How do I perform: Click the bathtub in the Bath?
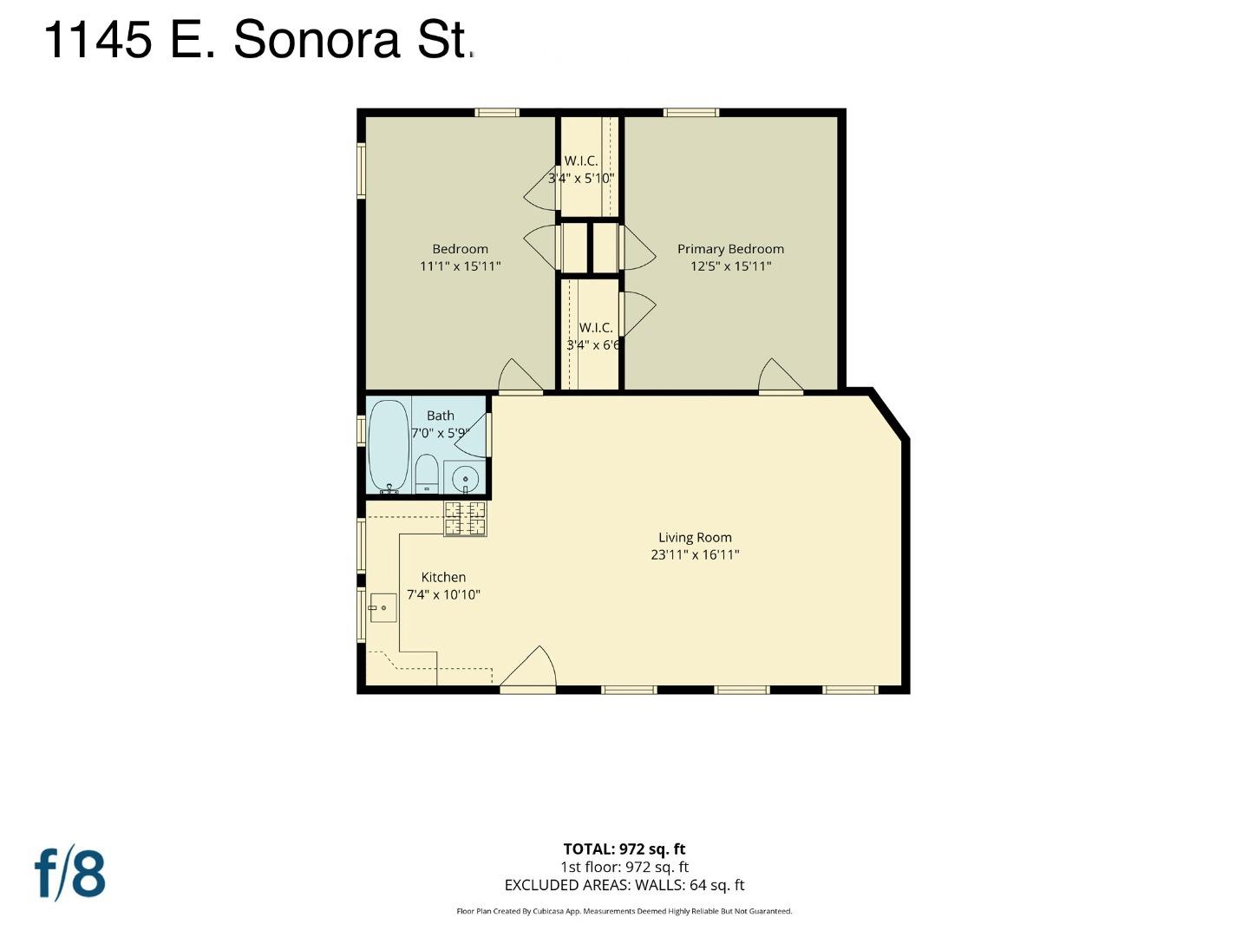pos(389,447)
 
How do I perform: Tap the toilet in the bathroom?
pos(426,474)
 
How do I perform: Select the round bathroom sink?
pos(465,478)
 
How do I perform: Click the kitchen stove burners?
pos(465,518)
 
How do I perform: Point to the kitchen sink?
pos(383,607)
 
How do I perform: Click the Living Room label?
pos(695,538)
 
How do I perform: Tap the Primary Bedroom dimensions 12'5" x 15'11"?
pos(730,266)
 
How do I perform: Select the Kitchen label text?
pos(443,578)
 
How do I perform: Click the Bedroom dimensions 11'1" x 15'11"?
pos(460,266)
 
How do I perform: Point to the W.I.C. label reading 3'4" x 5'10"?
pos(581,179)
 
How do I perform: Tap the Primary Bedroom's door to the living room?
pos(781,376)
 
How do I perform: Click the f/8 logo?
pos(70,875)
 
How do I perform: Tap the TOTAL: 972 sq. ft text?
pos(624,849)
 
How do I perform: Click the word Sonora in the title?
pos(317,40)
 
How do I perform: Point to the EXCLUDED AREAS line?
pos(624,885)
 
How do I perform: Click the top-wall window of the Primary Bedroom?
pos(690,113)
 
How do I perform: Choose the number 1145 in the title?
pos(98,40)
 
